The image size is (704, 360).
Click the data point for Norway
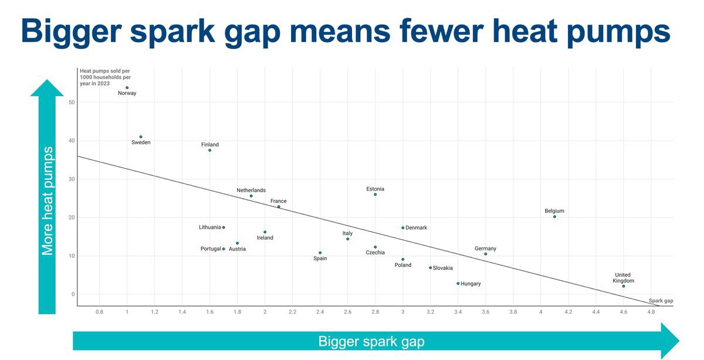(x=127, y=88)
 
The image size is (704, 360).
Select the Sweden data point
(x=141, y=137)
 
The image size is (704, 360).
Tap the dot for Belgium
(x=554, y=217)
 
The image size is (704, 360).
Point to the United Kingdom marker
(x=624, y=286)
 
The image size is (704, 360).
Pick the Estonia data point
(x=375, y=194)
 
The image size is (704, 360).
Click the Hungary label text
(x=471, y=284)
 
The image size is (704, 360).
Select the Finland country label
(x=209, y=145)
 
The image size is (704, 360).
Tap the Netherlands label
(x=251, y=191)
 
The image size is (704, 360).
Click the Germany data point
(x=486, y=254)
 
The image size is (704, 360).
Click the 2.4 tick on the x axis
(x=320, y=313)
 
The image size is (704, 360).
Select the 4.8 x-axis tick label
(x=651, y=313)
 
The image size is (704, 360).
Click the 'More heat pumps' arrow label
(x=48, y=201)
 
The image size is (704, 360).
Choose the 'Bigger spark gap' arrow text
(x=371, y=341)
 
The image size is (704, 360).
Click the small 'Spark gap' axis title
(x=661, y=301)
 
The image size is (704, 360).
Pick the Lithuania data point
(x=224, y=227)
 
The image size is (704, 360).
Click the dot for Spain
(x=320, y=253)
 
